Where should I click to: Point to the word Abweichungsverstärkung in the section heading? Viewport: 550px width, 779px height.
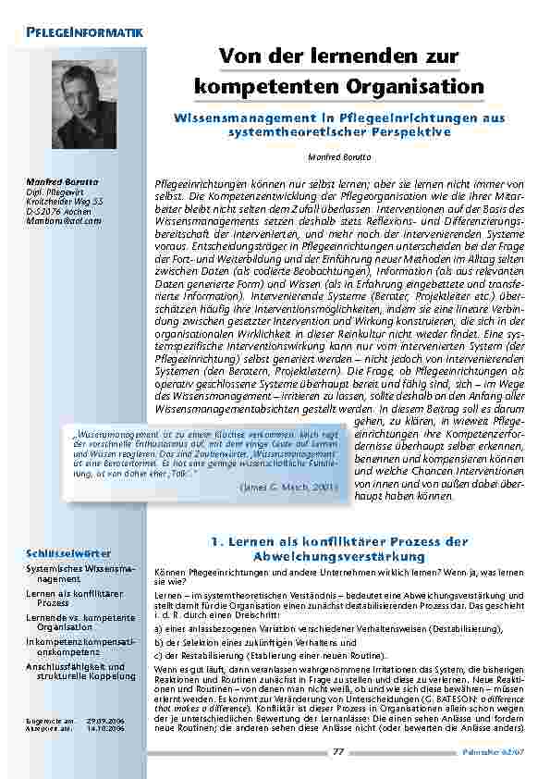(x=338, y=557)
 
